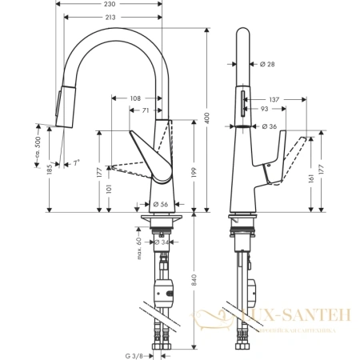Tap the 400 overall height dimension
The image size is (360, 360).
coord(206,117)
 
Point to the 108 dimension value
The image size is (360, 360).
coord(136,98)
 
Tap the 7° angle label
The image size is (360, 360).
coord(76,162)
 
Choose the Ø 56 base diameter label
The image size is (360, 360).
coord(158,203)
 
